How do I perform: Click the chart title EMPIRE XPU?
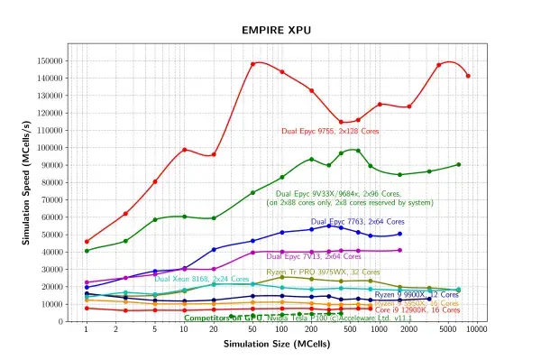(x=276, y=30)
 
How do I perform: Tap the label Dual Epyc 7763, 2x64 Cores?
(x=357, y=221)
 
